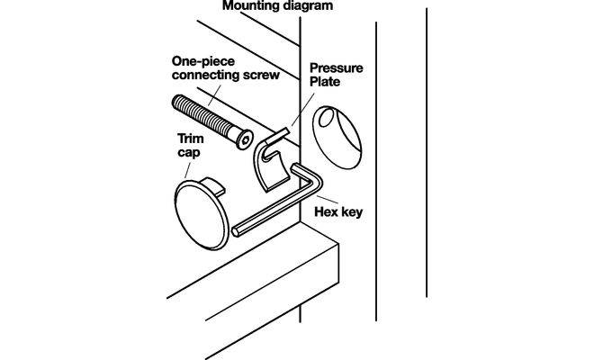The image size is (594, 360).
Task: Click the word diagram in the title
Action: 303,4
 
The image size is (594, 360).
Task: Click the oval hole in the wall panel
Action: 337,135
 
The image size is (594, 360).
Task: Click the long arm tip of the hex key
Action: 237,231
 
